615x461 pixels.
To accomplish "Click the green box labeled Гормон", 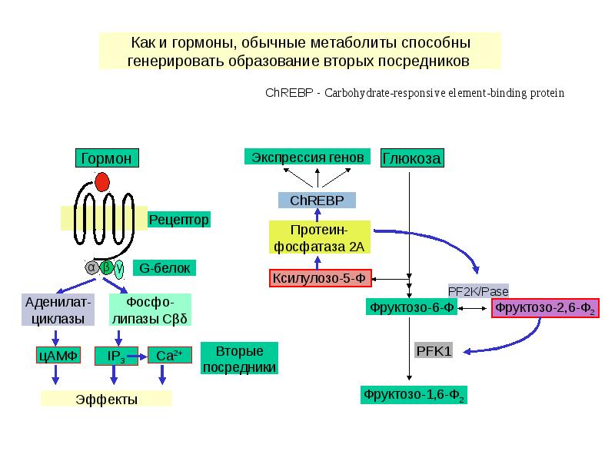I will pos(107,158).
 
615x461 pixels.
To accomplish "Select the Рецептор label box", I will pos(178,220).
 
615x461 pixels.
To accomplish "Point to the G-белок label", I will pos(165,267).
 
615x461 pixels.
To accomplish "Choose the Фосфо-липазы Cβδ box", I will pos(150,310).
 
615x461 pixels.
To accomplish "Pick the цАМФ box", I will pos(55,355).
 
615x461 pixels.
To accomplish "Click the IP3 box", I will pos(115,356).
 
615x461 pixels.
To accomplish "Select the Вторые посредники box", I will pos(239,359).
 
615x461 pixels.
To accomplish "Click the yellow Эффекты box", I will pos(106,399).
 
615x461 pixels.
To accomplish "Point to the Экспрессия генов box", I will pos(303,156).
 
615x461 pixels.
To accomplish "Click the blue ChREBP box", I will pos(317,201).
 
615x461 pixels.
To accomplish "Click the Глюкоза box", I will pos(412,158).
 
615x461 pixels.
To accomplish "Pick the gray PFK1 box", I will pos(434,351).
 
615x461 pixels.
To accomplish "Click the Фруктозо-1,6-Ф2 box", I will pos(414,396).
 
